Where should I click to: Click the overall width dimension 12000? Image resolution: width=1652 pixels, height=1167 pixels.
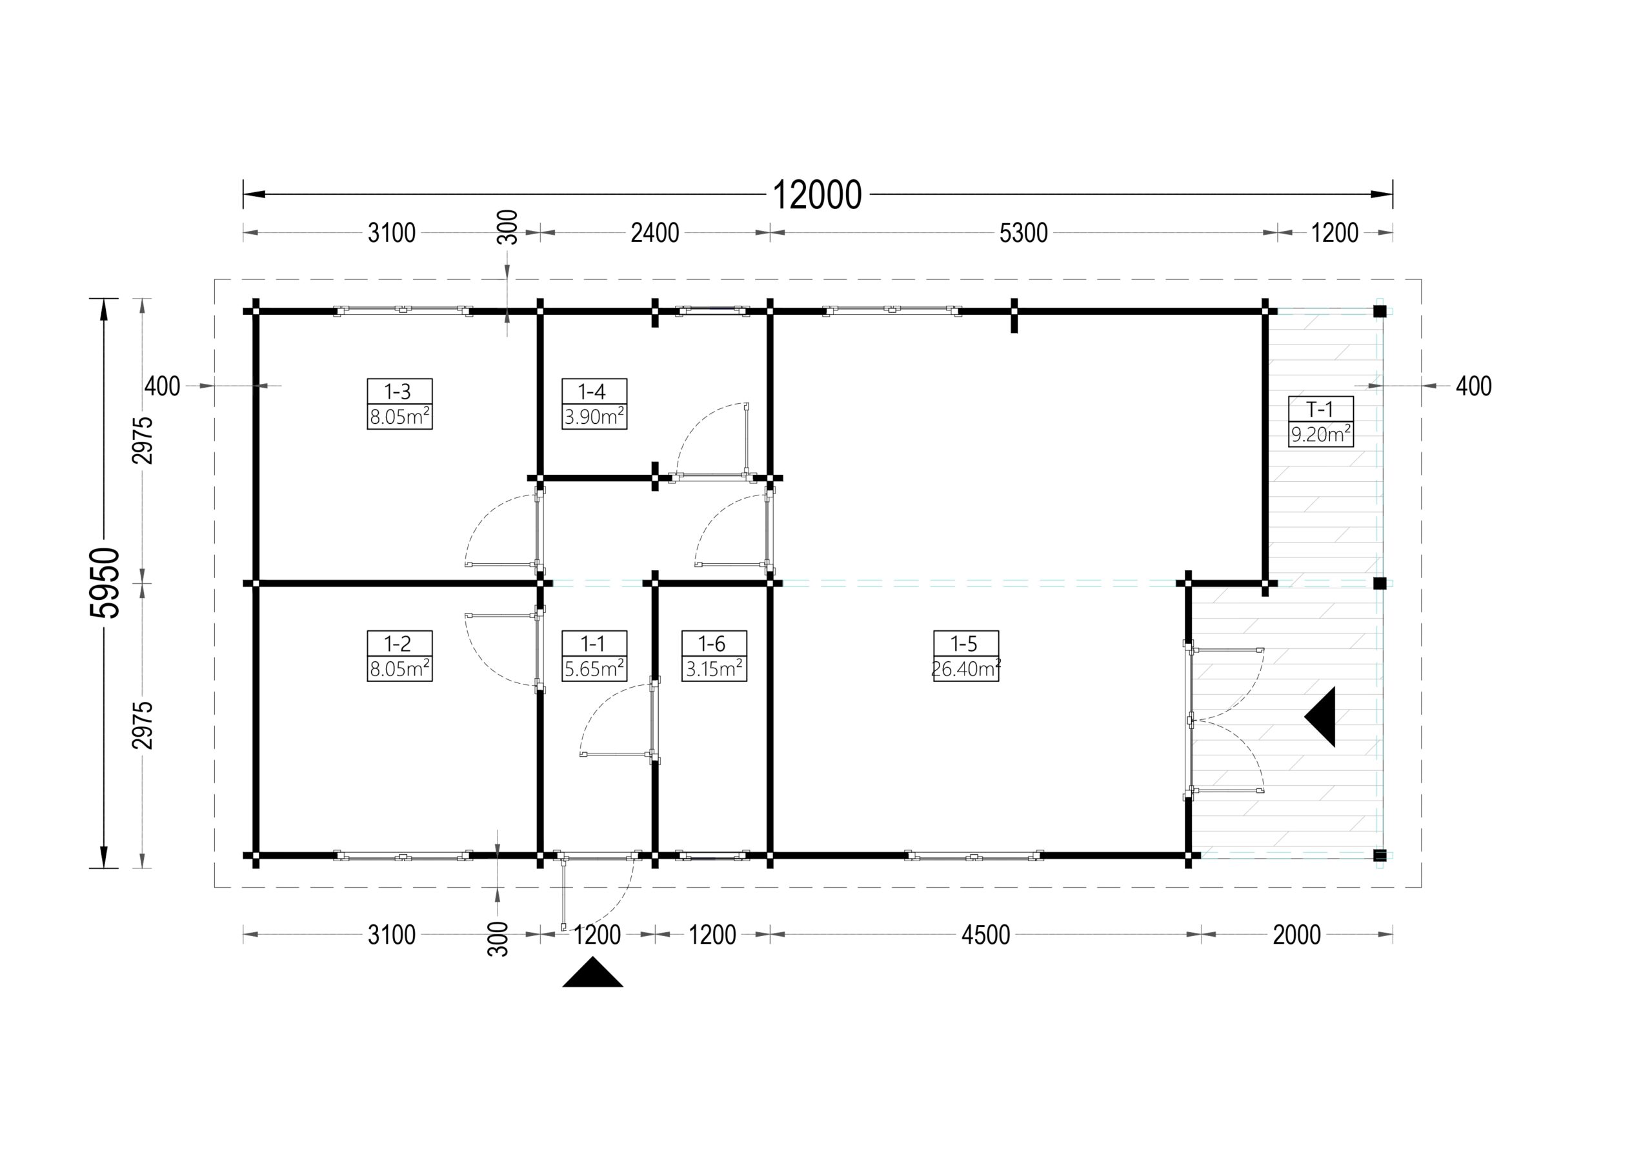817,195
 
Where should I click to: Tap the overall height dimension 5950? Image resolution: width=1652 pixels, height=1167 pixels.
105,583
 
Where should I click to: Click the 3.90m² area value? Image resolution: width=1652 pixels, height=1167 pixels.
594,417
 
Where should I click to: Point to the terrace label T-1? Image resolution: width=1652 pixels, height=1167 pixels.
1320,410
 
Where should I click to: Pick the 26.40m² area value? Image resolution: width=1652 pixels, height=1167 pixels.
965,668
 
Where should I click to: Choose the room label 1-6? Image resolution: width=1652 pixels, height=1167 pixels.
712,643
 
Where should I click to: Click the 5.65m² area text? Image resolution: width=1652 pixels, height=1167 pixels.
594,668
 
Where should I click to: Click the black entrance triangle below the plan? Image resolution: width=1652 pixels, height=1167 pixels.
592,974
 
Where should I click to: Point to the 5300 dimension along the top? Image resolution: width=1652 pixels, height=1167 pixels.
1023,233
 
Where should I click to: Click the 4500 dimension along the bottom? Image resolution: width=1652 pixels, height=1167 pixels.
986,935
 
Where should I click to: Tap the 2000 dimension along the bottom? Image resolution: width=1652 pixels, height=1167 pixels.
1296,935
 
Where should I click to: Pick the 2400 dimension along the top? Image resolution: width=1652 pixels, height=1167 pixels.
655,233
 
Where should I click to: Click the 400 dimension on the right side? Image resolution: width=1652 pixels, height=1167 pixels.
1473,386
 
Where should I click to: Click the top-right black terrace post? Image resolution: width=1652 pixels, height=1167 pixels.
1379,312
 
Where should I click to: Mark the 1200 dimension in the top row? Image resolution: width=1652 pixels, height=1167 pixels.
1335,233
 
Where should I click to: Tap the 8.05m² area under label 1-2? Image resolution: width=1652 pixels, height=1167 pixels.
399,668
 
